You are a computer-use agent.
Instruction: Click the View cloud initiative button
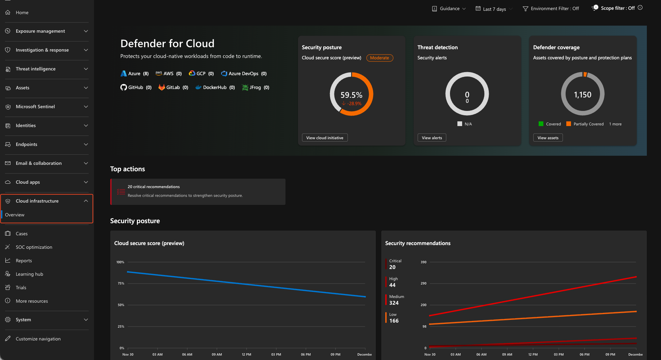[325, 138]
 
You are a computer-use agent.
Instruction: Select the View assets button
[548, 138]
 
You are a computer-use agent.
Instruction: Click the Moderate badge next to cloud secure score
[380, 58]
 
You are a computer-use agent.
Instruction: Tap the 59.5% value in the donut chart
[351, 95]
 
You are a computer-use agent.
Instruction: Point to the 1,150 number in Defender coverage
[582, 95]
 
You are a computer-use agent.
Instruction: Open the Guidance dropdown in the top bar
[449, 9]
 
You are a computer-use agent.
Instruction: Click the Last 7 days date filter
[494, 9]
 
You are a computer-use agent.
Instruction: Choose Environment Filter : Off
[551, 9]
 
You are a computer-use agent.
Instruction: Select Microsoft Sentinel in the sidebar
[35, 107]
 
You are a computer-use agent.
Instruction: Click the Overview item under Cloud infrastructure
[15, 215]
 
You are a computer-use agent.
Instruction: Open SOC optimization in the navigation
[34, 247]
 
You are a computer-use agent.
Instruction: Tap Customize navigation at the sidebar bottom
[38, 339]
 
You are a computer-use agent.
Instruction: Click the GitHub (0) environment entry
[136, 88]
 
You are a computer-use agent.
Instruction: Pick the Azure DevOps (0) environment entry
[244, 74]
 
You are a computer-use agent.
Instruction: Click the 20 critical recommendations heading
[154, 187]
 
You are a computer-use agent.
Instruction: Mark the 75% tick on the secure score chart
[121, 283]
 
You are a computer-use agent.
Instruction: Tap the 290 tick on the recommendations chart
[423, 283]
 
